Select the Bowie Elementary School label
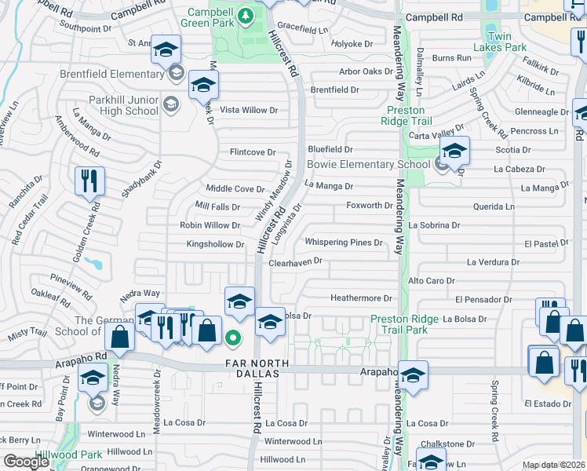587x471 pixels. (368, 164)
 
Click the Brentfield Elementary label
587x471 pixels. (111, 75)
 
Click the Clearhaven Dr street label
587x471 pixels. (295, 261)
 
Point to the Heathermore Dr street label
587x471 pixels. (360, 298)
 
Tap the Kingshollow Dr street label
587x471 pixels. (215, 244)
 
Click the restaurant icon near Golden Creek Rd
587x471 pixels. (89, 181)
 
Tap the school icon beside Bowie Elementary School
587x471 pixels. (454, 151)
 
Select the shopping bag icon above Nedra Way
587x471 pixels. (120, 338)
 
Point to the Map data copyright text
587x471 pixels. (552, 465)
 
